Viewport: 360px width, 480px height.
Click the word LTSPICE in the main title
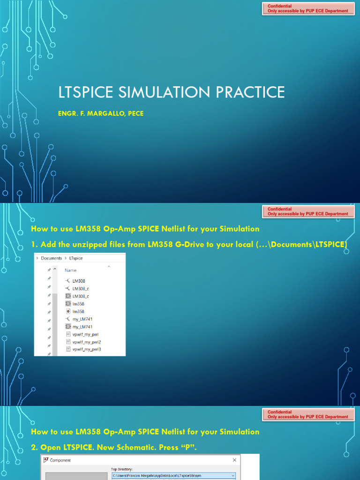(x=86, y=92)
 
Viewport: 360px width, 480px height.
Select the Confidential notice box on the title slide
(x=307, y=8)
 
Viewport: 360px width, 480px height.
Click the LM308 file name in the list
(x=78, y=281)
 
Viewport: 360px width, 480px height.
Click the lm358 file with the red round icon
(x=78, y=311)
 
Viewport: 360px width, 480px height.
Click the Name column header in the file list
(x=71, y=270)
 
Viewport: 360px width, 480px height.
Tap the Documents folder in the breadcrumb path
(x=51, y=258)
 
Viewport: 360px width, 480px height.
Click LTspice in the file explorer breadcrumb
(x=76, y=258)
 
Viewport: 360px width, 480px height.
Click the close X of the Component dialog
(x=234, y=460)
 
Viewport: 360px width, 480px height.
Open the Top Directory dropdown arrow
(x=233, y=475)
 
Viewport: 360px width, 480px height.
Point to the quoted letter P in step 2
(x=188, y=448)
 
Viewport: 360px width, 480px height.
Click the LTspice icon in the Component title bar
(x=45, y=460)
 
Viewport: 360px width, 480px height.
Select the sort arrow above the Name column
(x=109, y=266)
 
